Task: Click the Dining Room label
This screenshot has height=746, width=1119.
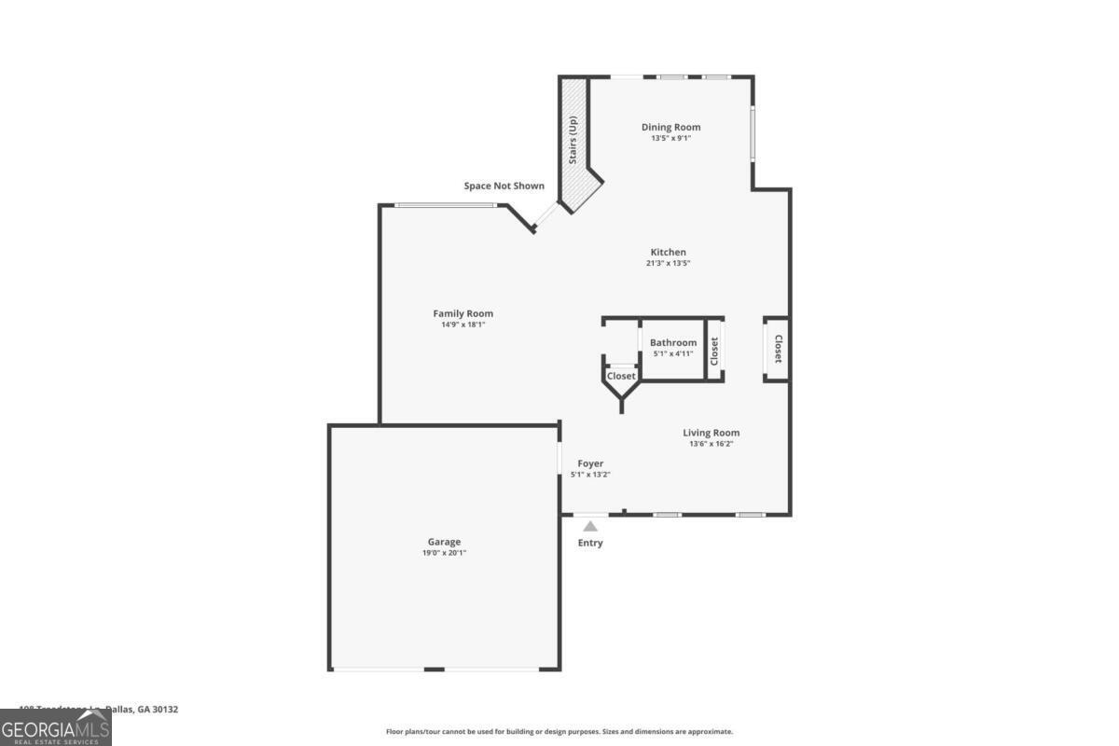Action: coord(670,127)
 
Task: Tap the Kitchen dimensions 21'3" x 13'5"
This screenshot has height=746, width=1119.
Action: coord(669,263)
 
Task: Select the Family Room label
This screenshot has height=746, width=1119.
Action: coord(463,313)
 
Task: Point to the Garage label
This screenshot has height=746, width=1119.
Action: coord(444,542)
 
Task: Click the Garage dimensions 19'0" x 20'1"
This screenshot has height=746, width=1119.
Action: coord(444,553)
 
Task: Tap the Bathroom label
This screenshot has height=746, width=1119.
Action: coord(673,342)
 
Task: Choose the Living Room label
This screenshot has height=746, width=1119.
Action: coord(711,433)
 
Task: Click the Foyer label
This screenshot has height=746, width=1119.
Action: coord(590,463)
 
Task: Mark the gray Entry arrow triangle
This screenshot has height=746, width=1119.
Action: coord(590,526)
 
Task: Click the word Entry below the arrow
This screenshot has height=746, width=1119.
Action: coord(590,543)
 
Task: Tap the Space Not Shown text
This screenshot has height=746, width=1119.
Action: coord(504,186)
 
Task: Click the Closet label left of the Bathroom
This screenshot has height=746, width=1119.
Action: coord(621,376)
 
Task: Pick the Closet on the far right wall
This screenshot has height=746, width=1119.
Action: coord(778,349)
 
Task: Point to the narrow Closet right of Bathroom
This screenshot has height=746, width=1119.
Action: coord(715,350)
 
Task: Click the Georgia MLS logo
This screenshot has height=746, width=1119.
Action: coord(55,727)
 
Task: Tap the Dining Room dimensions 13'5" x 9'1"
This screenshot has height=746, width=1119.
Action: coord(670,138)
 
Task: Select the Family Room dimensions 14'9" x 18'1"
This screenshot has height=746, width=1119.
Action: coord(463,325)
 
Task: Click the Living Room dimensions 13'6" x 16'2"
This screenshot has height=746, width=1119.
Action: coord(711,444)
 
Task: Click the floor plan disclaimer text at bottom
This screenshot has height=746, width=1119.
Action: coord(559,732)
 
